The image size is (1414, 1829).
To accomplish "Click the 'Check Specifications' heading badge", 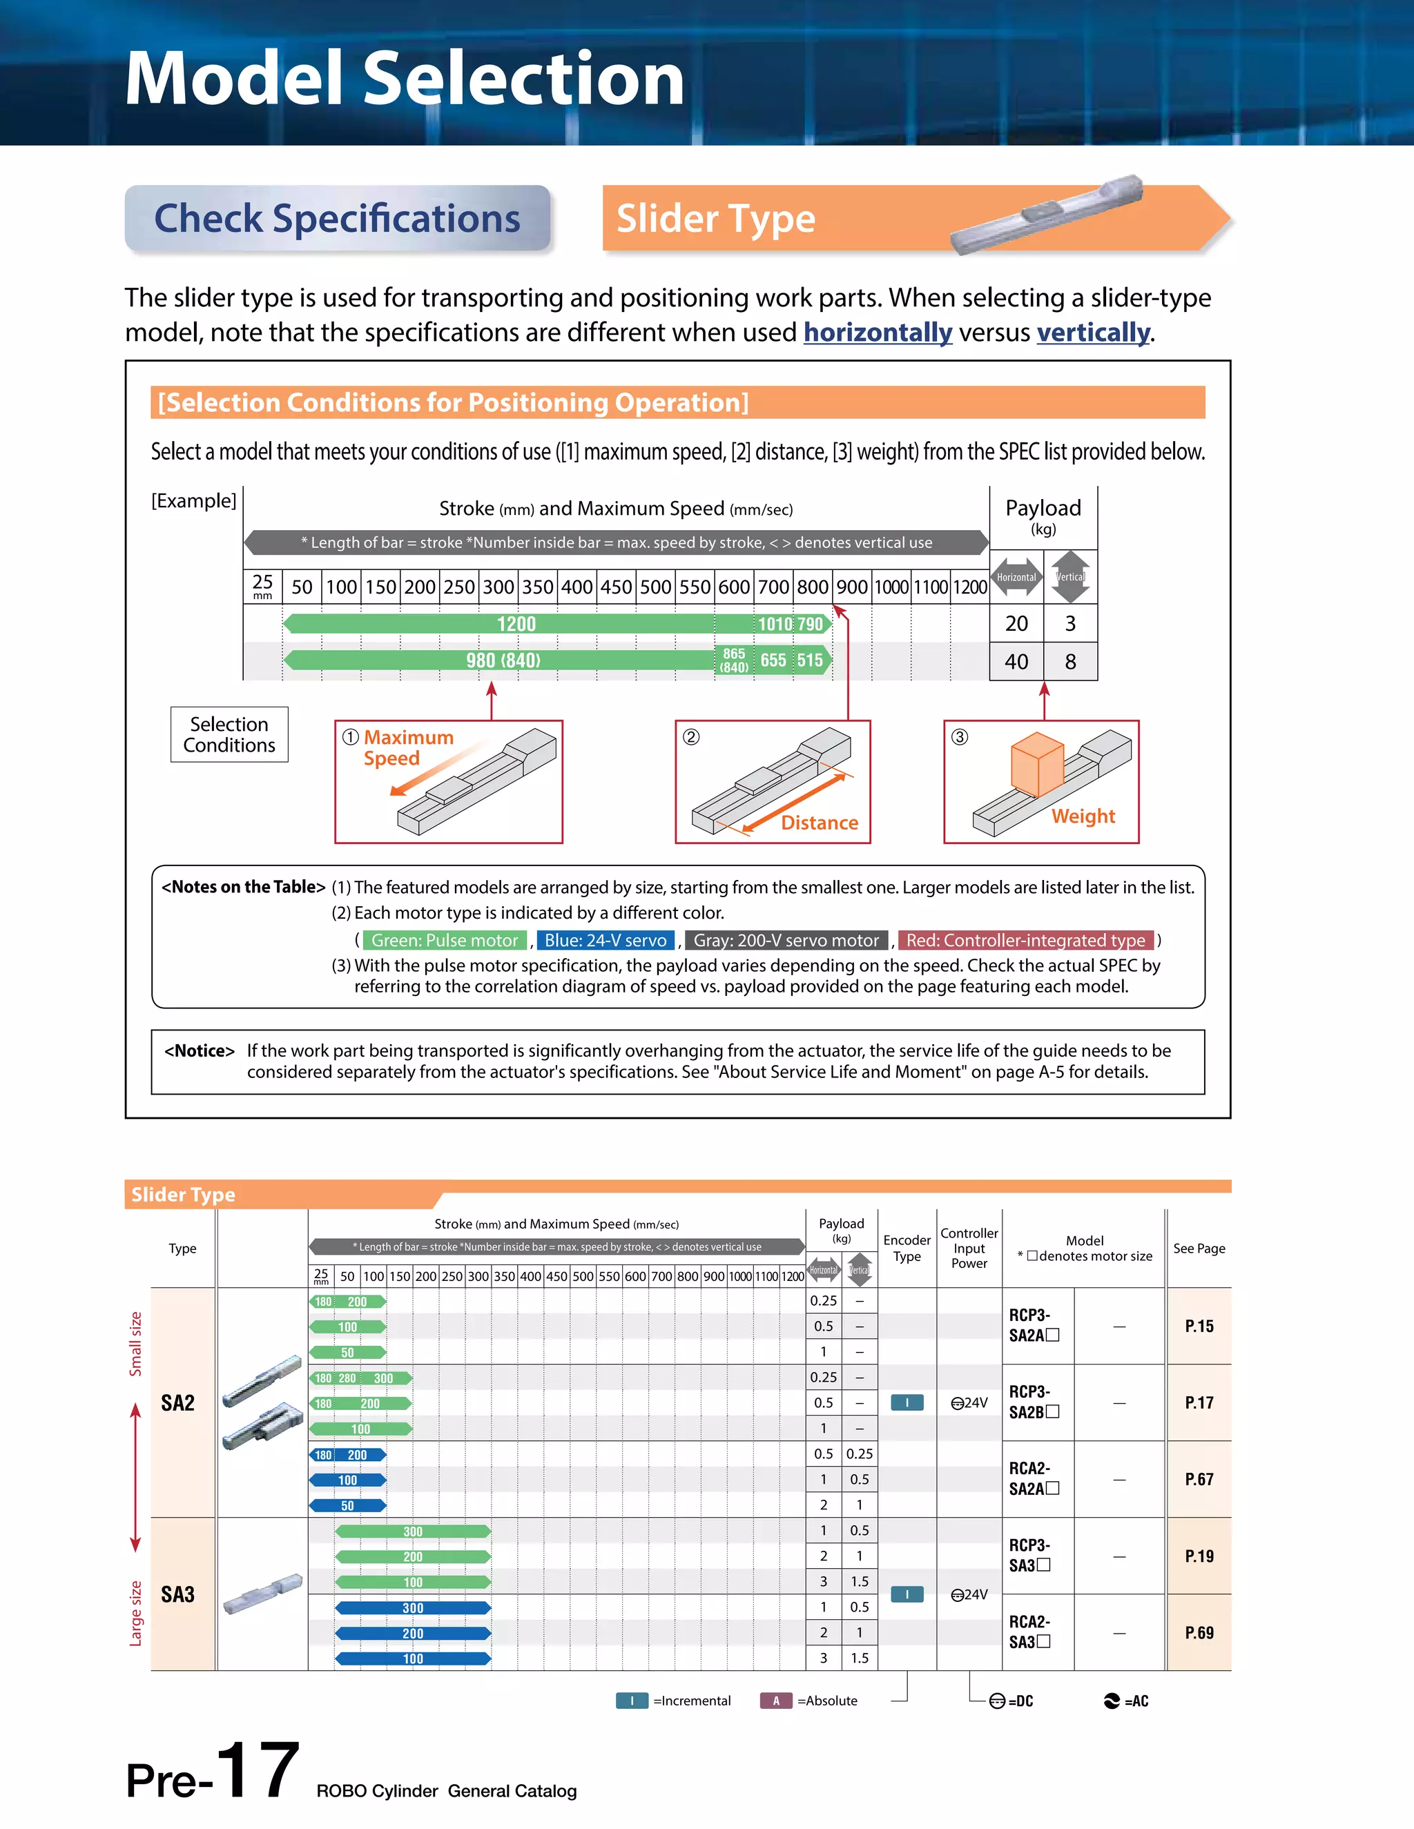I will click(x=338, y=219).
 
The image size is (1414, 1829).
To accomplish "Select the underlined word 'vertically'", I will click(x=1093, y=333).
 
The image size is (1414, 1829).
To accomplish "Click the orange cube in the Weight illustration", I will click(x=1037, y=764).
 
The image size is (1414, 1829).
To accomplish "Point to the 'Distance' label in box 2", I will click(x=820, y=823).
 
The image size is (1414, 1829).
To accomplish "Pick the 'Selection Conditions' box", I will click(x=229, y=734).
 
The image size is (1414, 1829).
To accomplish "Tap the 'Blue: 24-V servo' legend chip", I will click(x=606, y=941).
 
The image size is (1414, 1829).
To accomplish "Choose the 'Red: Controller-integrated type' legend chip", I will click(x=1025, y=941).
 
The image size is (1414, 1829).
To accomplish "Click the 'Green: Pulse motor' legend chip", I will click(x=445, y=941).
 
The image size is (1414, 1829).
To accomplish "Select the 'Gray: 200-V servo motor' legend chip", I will click(x=786, y=941).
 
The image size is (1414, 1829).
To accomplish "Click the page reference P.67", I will click(x=1199, y=1479).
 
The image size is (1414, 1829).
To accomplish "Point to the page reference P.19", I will click(x=1199, y=1556).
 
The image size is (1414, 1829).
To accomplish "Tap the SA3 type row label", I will click(x=177, y=1594).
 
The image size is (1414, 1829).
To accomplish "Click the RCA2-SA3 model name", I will click(x=1029, y=1632).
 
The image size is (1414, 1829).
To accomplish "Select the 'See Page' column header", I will click(x=1199, y=1248).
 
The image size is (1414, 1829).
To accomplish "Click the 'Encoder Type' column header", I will click(x=907, y=1248).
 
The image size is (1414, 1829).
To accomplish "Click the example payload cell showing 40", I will click(x=1016, y=662).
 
